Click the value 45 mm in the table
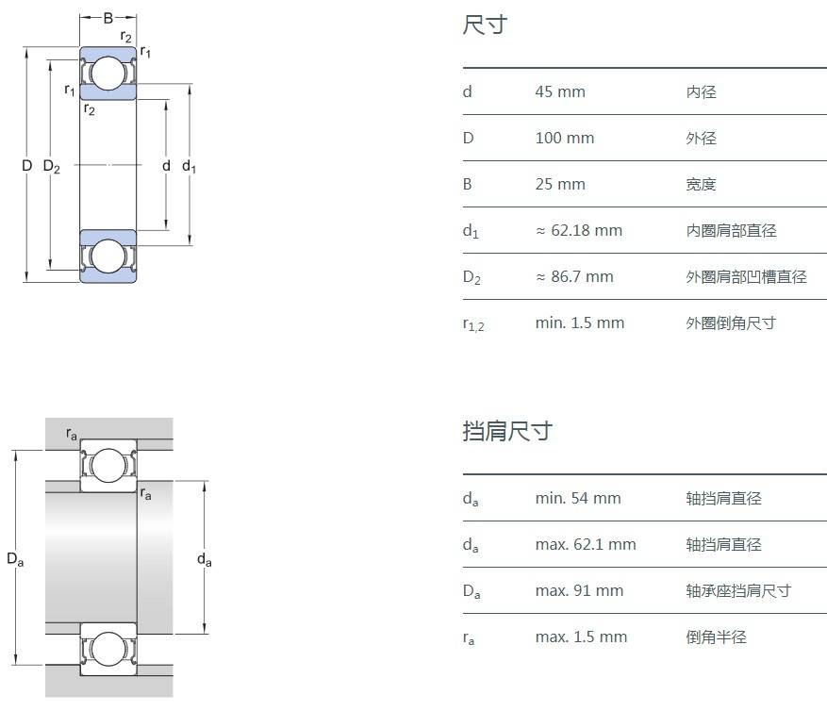point(560,91)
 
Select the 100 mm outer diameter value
point(564,139)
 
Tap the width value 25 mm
point(560,184)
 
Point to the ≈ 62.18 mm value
point(579,230)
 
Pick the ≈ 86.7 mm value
point(574,276)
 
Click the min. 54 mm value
point(578,498)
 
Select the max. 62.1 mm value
point(586,544)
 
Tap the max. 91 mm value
point(579,590)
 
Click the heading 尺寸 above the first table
point(485,25)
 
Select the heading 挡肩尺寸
point(507,431)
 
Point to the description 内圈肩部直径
point(731,230)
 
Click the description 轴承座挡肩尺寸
point(738,590)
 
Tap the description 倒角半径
point(717,637)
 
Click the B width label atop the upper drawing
point(108,19)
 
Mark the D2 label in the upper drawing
point(52,167)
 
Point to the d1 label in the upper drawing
point(189,167)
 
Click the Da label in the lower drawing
point(15,558)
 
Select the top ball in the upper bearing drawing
point(108,73)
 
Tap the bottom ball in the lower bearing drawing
point(108,648)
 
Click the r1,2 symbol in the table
point(473,324)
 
